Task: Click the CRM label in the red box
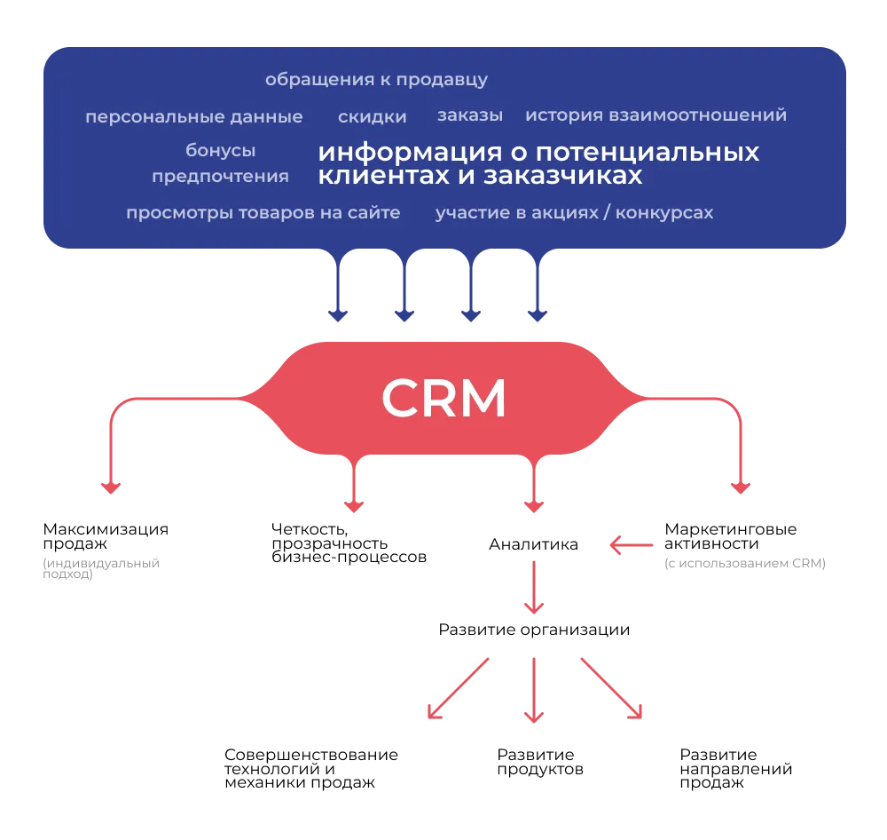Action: coord(443,400)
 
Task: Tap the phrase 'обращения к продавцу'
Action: coord(376,80)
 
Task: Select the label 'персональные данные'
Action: coord(193,117)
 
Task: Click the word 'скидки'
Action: coord(373,117)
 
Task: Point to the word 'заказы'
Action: coord(470,115)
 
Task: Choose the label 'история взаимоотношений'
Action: coord(655,115)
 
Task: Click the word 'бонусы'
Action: coord(220,151)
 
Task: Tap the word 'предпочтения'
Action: coord(220,177)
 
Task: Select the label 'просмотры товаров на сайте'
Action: coord(263,213)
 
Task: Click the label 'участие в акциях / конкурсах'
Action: coord(574,213)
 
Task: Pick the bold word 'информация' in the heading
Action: coord(396,152)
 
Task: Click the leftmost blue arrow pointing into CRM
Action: coord(337,289)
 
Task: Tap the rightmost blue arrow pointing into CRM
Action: coord(538,289)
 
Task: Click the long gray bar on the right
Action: coord(745,564)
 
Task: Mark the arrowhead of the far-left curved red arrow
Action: coord(110,487)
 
